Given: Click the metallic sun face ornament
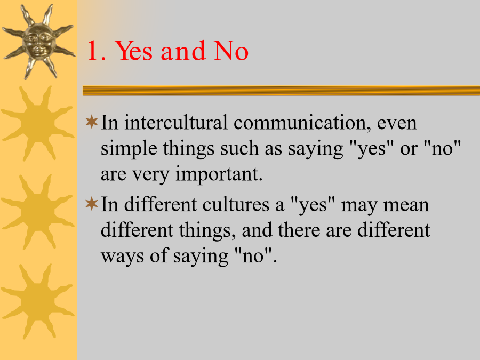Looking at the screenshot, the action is (38, 42).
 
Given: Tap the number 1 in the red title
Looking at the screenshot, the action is (93, 51).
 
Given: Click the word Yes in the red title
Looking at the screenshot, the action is (134, 51).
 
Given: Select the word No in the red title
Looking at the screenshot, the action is (231, 51).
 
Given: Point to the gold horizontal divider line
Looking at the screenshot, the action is (281, 91).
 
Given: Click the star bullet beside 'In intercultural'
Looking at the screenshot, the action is (92, 122).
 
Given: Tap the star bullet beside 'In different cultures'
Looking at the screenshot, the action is (92, 204).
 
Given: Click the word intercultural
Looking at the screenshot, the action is (175, 123).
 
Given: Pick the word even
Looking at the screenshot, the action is (397, 124).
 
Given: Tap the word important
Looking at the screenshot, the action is (219, 174).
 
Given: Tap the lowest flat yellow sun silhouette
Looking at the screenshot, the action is (38, 301).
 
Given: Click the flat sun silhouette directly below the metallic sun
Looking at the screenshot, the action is (38, 123).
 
